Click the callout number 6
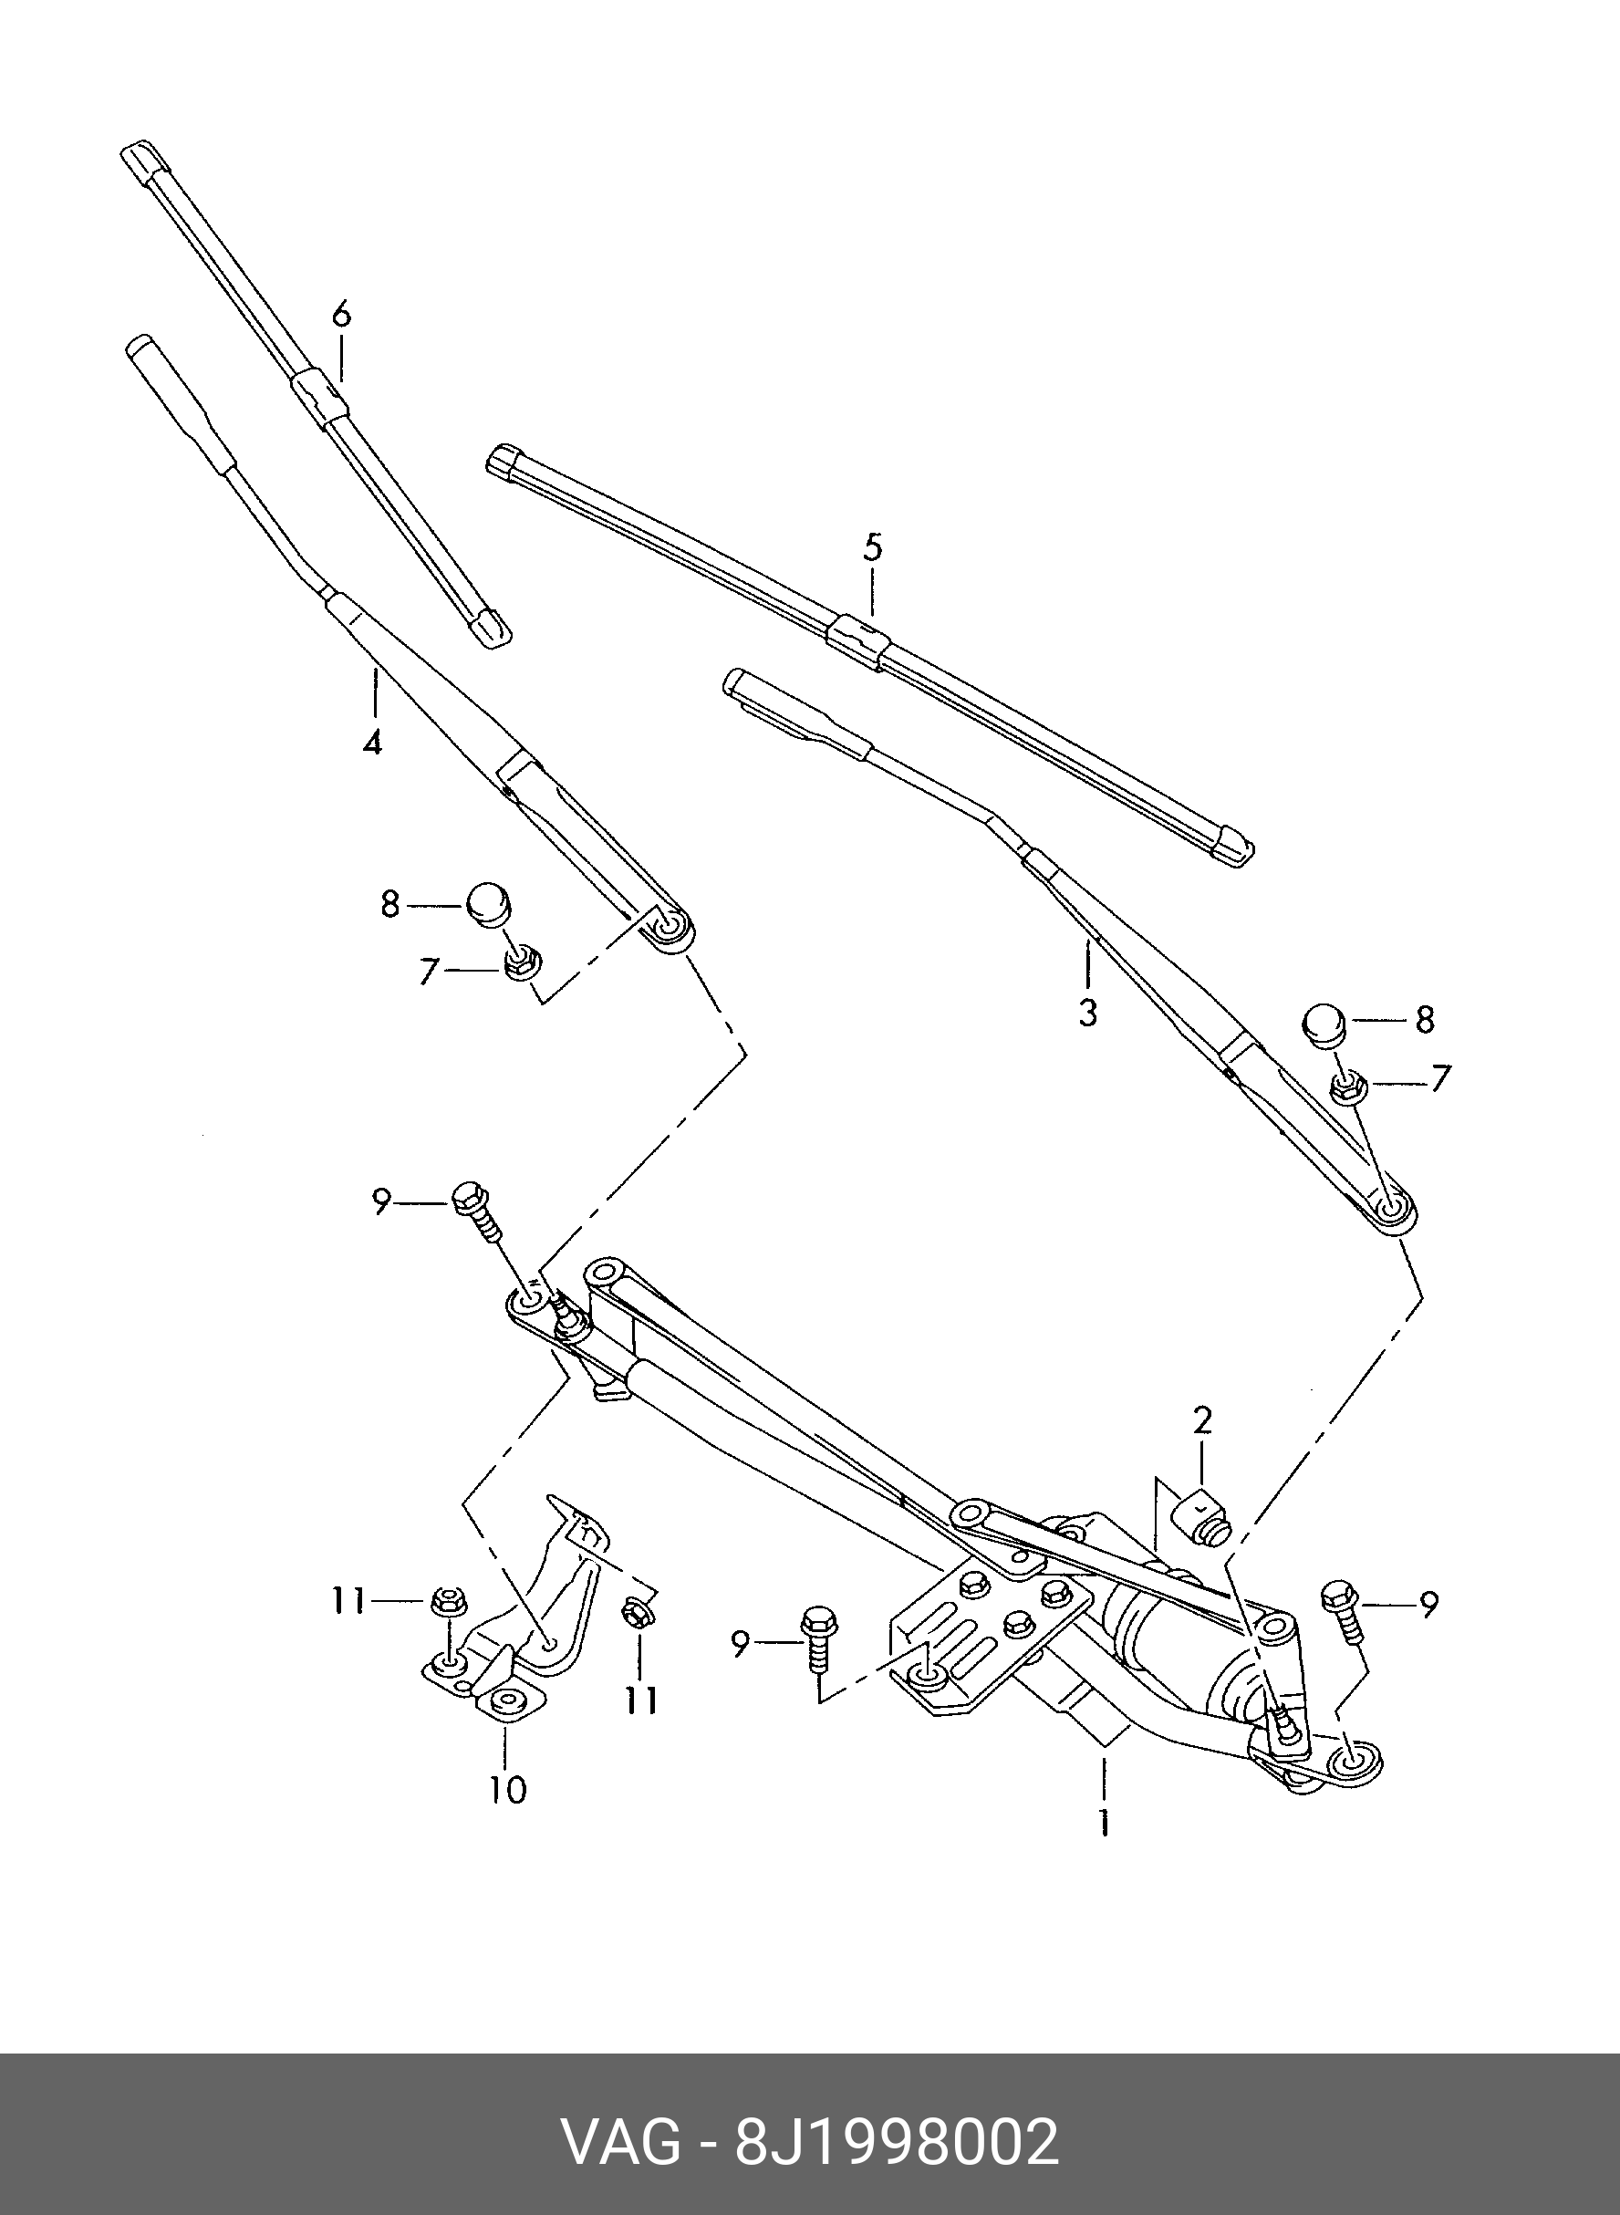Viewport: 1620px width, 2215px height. tap(340, 315)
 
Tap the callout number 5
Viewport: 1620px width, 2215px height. tap(872, 546)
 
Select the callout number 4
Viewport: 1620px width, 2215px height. tap(371, 743)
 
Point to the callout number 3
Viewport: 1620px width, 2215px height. tap(1087, 1012)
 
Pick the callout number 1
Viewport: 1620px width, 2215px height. tap(1105, 1821)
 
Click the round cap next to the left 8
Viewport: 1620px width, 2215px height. tap(492, 903)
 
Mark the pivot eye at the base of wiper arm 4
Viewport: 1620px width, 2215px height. tap(671, 926)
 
